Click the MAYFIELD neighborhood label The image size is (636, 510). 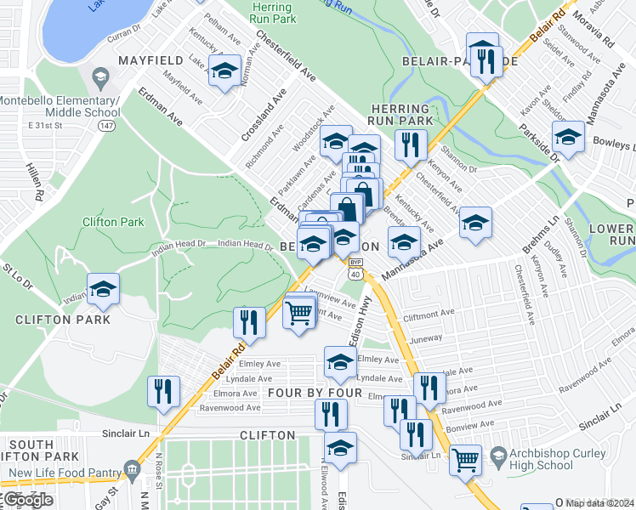pyautogui.click(x=151, y=61)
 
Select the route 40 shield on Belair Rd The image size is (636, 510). pyautogui.click(x=355, y=275)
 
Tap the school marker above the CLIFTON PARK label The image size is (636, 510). pyautogui.click(x=103, y=289)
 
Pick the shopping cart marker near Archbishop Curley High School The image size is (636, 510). pyautogui.click(x=465, y=461)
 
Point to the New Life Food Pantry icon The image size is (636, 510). pyautogui.click(x=132, y=469)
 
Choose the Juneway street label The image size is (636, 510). pyautogui.click(x=426, y=337)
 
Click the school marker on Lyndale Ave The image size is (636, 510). pyautogui.click(x=339, y=363)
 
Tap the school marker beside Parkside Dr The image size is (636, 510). pyautogui.click(x=568, y=137)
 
